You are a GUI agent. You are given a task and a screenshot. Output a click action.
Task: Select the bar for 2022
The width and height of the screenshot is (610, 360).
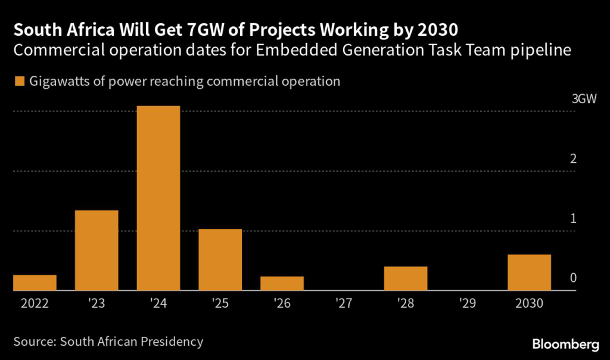click(35, 283)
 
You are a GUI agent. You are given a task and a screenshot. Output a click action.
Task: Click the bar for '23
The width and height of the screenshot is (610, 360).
click(97, 250)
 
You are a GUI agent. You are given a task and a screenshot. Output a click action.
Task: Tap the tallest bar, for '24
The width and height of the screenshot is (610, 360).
click(158, 198)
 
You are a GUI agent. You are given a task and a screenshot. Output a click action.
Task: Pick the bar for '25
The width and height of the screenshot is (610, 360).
click(220, 260)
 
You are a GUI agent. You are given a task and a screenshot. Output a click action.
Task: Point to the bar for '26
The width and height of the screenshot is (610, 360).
click(282, 284)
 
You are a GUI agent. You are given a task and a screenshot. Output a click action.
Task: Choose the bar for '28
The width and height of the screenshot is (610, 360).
click(406, 278)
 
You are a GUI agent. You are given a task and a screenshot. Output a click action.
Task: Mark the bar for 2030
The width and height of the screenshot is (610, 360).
click(529, 272)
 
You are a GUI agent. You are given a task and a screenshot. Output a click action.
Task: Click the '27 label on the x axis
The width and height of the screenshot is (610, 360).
click(344, 303)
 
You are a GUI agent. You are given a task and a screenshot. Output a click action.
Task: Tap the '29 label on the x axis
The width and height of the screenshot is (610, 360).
click(468, 303)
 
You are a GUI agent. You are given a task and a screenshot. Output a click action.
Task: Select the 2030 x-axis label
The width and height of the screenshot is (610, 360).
click(529, 303)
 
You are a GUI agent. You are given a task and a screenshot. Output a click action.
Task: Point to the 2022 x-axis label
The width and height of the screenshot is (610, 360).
click(35, 303)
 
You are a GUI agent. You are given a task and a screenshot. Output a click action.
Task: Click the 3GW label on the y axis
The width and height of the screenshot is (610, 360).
click(584, 100)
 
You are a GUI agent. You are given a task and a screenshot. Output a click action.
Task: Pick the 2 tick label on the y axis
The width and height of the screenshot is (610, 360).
click(573, 159)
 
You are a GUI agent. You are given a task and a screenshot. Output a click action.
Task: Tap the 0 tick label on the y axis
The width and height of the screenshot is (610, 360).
click(573, 278)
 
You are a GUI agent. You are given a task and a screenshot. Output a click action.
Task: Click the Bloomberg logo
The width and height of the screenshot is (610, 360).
click(565, 344)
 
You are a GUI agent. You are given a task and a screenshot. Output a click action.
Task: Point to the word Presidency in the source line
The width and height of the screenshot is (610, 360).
click(171, 342)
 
